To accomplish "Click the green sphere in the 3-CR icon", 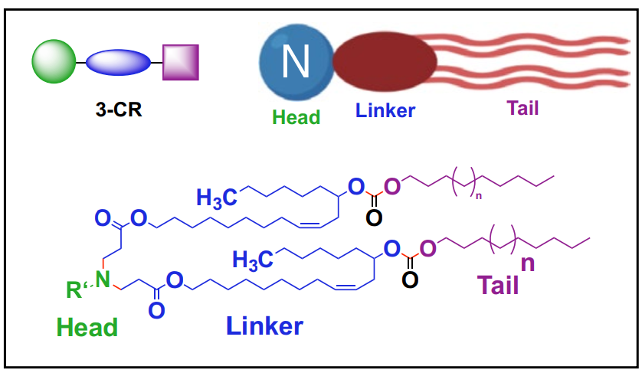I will [54, 62].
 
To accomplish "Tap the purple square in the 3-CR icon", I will [180, 62].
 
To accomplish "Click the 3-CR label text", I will [118, 108].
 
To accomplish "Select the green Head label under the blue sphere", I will [296, 117].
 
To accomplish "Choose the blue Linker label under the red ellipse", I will [385, 110].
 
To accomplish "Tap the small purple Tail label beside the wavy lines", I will [522, 108].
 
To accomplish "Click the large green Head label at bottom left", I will [87, 328].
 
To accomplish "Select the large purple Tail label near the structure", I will [498, 286].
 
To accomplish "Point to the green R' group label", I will [74, 290].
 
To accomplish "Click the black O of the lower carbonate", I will [411, 280].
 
